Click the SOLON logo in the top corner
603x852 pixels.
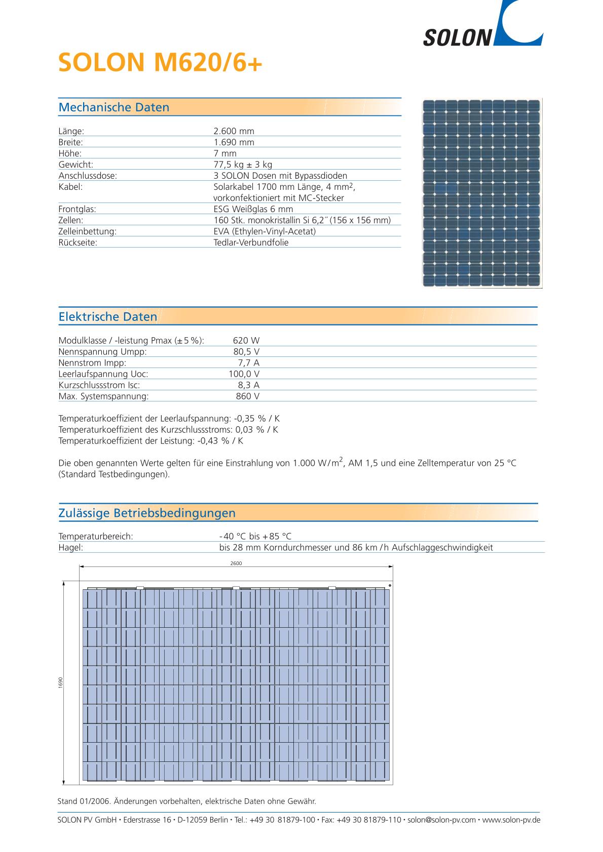[482, 28]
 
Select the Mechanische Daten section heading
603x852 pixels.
[114, 107]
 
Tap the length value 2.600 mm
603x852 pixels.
[234, 131]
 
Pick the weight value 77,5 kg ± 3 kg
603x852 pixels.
[243, 165]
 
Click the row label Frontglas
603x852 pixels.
[78, 209]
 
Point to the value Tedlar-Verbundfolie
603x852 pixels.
[251, 242]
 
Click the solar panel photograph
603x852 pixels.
[482, 193]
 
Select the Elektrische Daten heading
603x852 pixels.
[108, 317]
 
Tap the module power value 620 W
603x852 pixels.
[246, 341]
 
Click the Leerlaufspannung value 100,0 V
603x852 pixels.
[244, 374]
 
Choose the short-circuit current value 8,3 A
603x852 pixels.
[248, 385]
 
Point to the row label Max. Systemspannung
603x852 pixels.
[104, 396]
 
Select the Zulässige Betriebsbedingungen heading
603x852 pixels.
[147, 513]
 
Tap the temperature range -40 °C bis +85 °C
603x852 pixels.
[255, 537]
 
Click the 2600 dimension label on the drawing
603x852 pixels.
[236, 563]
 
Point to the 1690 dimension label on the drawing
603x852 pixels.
[60, 682]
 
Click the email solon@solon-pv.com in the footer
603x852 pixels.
[441, 820]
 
